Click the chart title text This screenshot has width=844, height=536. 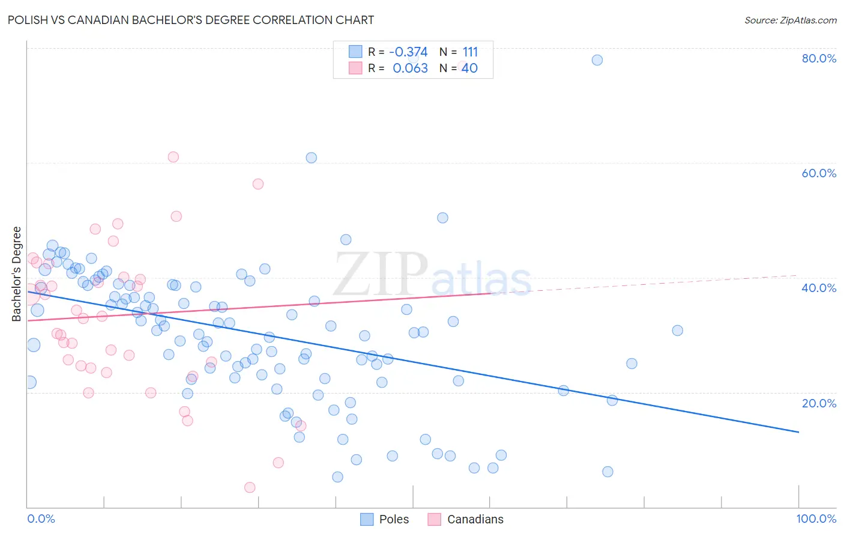click(191, 20)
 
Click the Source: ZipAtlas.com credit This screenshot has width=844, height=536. click(790, 20)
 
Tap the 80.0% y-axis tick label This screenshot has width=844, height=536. click(819, 58)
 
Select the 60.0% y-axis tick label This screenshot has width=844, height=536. click(819, 173)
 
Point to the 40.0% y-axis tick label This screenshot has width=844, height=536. click(819, 288)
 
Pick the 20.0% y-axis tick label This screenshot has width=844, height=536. click(819, 403)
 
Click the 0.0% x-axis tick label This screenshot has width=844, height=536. click(41, 519)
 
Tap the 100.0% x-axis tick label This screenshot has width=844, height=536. click(816, 519)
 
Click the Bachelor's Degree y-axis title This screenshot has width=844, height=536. click(17, 274)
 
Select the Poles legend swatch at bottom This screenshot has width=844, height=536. click(367, 519)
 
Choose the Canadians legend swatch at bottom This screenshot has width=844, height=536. click(435, 519)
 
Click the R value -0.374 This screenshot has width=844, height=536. click(408, 52)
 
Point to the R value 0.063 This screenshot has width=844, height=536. click(410, 69)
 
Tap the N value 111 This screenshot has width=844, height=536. click(470, 52)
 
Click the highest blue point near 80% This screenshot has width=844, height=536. click(597, 60)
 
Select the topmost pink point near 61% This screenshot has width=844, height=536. click(173, 157)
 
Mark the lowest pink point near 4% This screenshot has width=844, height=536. click(250, 487)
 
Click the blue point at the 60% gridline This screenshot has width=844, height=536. click(311, 158)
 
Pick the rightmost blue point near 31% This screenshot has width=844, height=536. click(677, 330)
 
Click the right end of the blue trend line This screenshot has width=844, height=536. click(798, 432)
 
